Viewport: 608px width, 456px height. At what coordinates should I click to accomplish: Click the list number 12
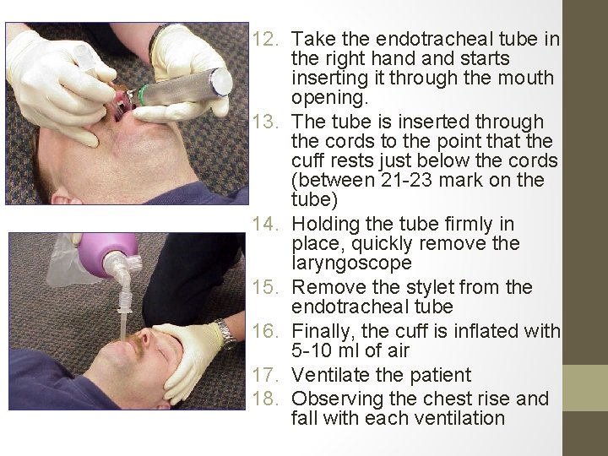[x=265, y=39]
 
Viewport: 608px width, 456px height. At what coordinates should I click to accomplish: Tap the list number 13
[x=265, y=122]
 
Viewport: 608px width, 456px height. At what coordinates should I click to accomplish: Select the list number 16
[x=265, y=332]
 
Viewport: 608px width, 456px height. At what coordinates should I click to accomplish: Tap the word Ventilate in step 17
[x=328, y=375]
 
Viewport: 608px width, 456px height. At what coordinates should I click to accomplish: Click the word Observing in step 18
[x=337, y=399]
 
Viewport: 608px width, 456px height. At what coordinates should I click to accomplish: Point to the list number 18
[x=265, y=399]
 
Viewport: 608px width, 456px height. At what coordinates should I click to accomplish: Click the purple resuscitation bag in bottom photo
[x=109, y=254]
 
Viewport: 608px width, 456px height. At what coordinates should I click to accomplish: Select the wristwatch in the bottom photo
[x=226, y=334]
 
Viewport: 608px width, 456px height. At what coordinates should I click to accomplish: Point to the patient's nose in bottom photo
[x=145, y=337]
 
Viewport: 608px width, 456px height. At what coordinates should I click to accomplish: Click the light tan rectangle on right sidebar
[x=585, y=388]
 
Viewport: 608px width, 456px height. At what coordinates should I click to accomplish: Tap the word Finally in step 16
[x=323, y=332]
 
